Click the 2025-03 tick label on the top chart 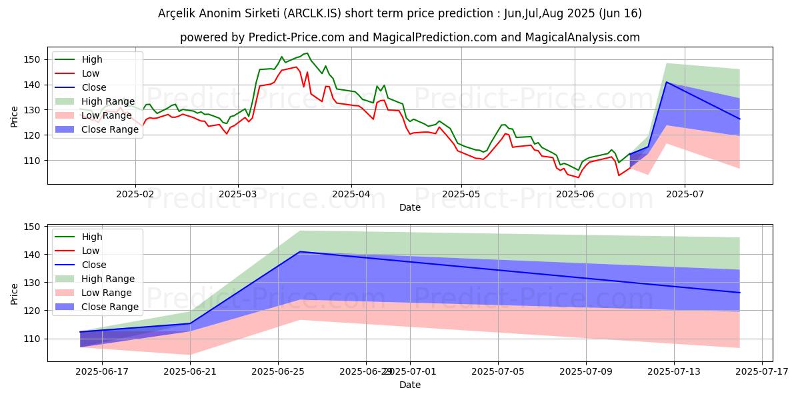click(239, 193)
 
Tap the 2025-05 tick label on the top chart click(461, 193)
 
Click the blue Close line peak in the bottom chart click(300, 251)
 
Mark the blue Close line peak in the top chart click(667, 82)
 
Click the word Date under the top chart click(409, 207)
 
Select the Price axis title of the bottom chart click(15, 292)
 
